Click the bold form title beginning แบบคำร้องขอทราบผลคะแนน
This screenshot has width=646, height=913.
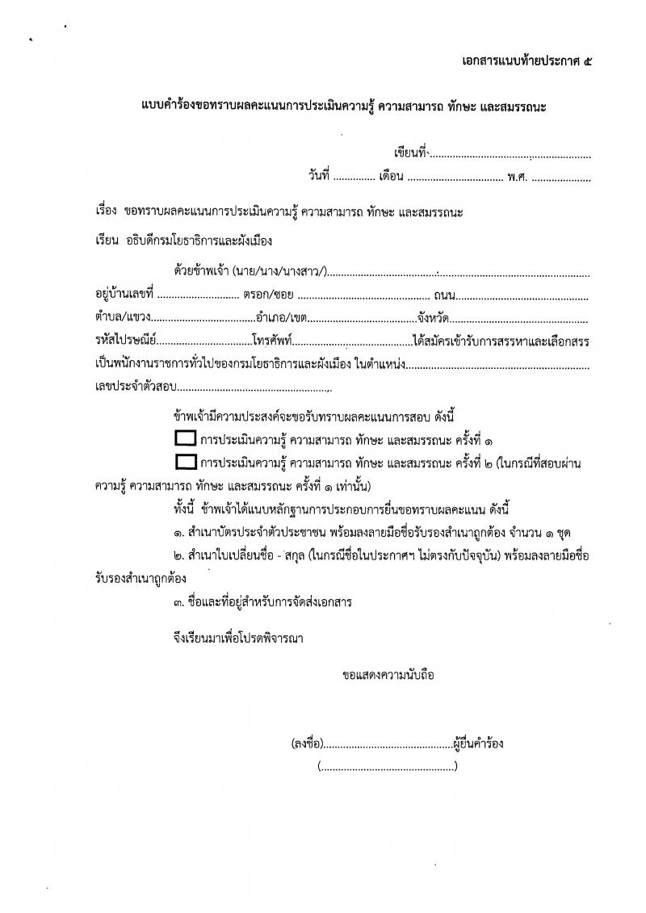click(x=339, y=106)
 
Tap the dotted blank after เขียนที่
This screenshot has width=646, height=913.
click(x=510, y=153)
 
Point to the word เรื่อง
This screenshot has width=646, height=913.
click(x=107, y=212)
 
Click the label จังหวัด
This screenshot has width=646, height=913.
click(x=433, y=318)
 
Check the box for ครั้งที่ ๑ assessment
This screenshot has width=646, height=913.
click(x=186, y=439)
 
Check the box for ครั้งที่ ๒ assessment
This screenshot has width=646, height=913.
click(x=186, y=463)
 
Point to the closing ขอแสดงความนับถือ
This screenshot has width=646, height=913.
click(x=388, y=674)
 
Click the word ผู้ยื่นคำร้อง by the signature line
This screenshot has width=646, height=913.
click(x=479, y=743)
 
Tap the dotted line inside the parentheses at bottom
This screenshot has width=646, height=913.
click(x=388, y=766)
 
